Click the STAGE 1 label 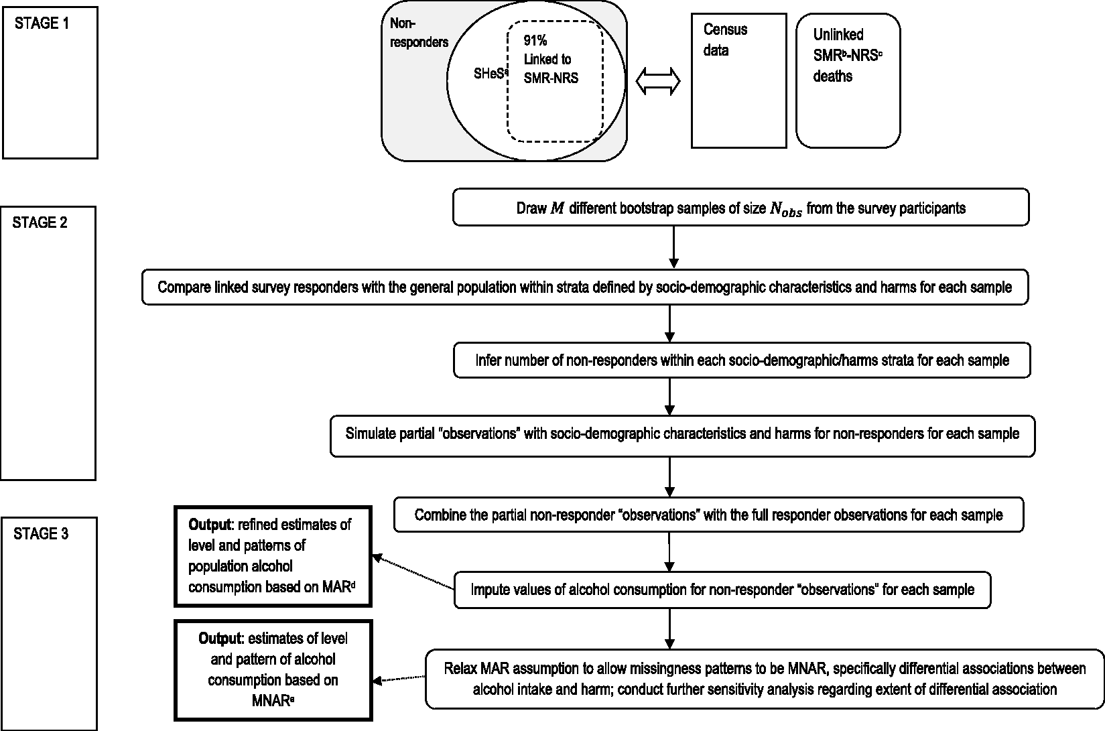tap(42, 23)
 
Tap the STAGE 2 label tap(40, 222)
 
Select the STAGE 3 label tap(41, 534)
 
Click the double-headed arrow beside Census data tap(658, 81)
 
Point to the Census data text tap(725, 40)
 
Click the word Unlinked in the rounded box tap(838, 35)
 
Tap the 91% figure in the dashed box tap(535, 40)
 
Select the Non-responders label tap(419, 33)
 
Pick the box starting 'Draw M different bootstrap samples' tap(741, 208)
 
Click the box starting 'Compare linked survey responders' tap(585, 287)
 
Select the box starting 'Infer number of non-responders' tap(742, 360)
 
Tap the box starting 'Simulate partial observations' tap(682, 436)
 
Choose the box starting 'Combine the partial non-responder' tap(708, 515)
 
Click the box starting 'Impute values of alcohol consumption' tap(722, 590)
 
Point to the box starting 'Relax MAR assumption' tap(765, 679)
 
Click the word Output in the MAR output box tap(210, 525)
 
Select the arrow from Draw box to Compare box tap(674, 247)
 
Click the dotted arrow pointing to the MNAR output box tap(399, 679)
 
